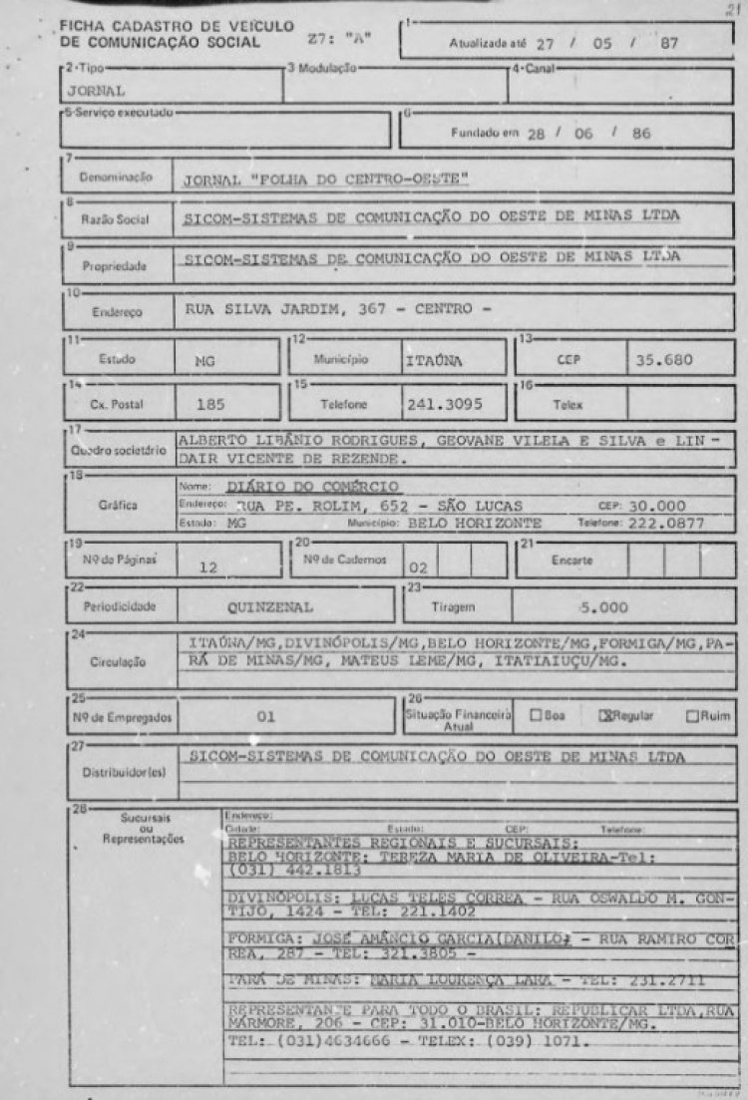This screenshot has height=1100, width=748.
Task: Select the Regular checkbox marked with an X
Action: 603,715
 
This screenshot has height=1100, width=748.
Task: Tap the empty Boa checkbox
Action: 536,715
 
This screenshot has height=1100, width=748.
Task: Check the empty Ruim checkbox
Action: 691,715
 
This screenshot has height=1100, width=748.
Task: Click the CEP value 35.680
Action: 666,359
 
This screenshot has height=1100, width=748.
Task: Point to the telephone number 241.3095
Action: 441,405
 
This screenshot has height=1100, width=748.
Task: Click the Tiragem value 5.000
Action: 603,605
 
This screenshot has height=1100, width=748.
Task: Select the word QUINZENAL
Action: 271,605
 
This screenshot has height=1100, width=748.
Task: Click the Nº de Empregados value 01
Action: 265,715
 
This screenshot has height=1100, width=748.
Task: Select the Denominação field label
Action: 116,177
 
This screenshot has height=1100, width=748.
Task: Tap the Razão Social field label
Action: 116,220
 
